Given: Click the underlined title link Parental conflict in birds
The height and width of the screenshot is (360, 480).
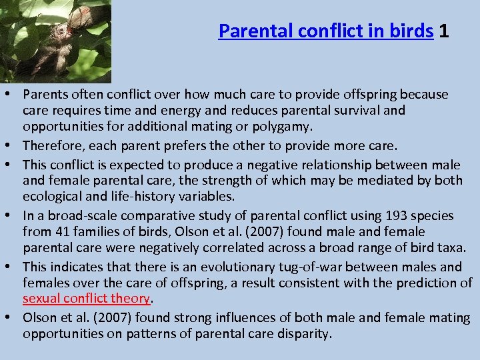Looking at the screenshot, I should (326, 31).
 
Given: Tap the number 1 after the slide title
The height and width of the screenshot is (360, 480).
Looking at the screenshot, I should (444, 31).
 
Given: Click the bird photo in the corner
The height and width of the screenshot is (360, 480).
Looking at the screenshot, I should (55, 41).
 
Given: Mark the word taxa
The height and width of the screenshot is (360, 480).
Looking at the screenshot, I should (451, 247).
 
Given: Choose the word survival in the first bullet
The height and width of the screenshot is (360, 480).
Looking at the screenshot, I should (353, 110).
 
